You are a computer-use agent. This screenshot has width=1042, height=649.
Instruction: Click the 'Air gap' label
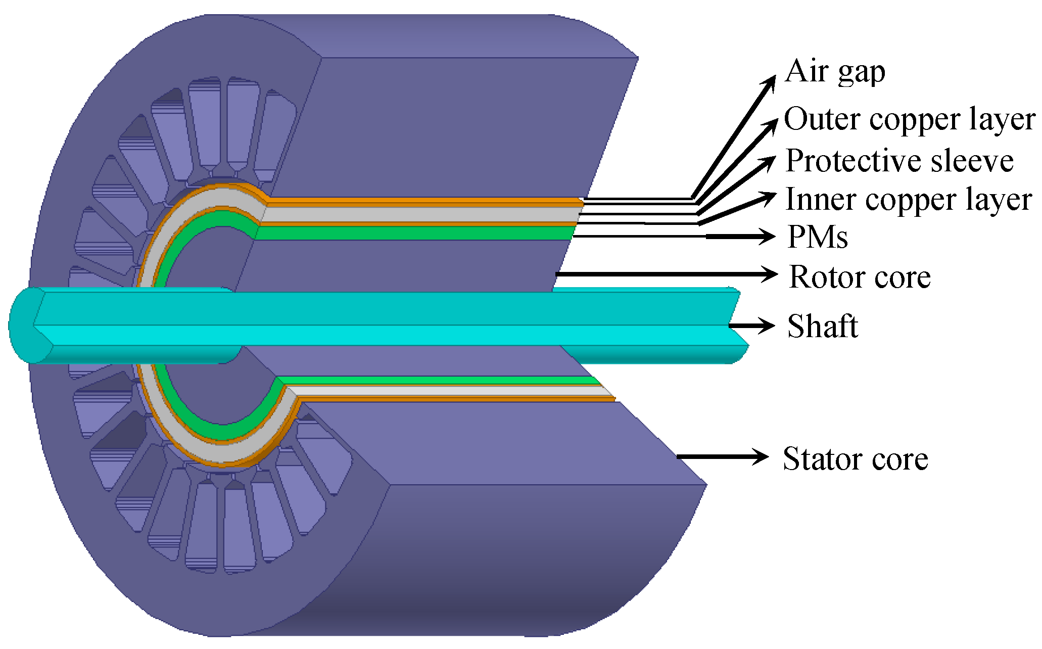click(835, 72)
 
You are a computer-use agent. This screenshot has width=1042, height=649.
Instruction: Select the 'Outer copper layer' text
click(909, 119)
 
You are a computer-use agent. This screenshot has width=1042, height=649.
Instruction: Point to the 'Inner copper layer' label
click(909, 200)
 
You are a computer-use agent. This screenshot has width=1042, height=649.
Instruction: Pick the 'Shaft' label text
click(823, 326)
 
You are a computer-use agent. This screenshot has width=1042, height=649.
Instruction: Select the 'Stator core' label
click(855, 458)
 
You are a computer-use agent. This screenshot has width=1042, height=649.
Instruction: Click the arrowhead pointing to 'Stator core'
click(761, 457)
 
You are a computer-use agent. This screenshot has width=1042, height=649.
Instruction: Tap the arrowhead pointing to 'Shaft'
click(766, 326)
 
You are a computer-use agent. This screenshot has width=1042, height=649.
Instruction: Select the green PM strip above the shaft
click(414, 233)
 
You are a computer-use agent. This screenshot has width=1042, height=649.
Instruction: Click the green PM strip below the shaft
click(435, 381)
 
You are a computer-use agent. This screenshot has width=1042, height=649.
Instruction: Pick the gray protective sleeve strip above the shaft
click(419, 215)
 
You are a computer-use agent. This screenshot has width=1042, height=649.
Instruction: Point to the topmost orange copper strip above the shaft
click(424, 202)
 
